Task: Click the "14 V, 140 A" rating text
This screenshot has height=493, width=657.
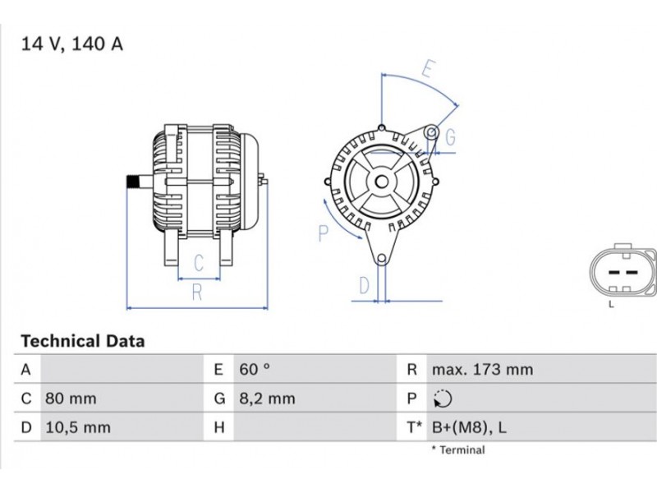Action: point(72,44)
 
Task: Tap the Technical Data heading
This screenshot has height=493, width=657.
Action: point(83,341)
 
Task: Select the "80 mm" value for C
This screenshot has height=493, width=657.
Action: point(71,399)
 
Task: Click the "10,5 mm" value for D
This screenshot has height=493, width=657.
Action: point(78,427)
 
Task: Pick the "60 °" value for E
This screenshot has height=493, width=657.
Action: point(255,369)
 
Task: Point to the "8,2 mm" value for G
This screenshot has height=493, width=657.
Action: point(267,399)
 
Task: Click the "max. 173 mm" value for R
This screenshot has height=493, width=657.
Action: point(482,369)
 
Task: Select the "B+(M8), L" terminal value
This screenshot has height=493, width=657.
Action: point(469,427)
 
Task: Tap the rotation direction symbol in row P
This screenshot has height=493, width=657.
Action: point(443,399)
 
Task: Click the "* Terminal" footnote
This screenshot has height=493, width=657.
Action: point(458,450)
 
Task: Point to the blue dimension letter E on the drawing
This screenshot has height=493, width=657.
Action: point(428,69)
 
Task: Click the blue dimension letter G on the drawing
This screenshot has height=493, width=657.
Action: point(450,137)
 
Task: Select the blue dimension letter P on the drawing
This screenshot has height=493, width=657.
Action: point(323,233)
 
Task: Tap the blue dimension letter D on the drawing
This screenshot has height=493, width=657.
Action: point(365,285)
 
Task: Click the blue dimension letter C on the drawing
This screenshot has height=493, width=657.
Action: point(199,263)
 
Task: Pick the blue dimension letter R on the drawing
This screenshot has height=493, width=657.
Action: point(197,293)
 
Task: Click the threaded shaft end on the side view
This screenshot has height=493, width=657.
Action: point(133,182)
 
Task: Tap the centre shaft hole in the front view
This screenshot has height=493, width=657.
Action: point(381,182)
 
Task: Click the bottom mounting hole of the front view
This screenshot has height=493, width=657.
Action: point(381,259)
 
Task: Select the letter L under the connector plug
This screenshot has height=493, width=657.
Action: point(611,305)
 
